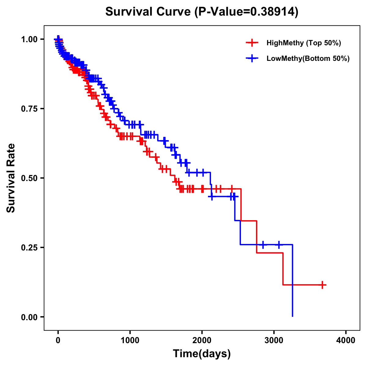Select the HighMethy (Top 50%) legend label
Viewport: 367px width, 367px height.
click(x=303, y=43)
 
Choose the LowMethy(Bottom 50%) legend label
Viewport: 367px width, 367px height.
click(x=308, y=58)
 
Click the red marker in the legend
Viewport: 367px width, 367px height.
click(x=252, y=43)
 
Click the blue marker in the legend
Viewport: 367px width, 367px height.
click(x=252, y=58)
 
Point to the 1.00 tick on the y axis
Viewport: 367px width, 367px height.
click(x=29, y=39)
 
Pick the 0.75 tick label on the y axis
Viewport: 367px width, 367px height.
click(x=29, y=109)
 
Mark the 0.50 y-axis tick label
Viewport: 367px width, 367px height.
click(x=29, y=178)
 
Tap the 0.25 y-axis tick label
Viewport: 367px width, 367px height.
click(x=29, y=247)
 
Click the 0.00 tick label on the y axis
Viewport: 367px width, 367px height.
click(x=29, y=317)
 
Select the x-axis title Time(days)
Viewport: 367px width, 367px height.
click(x=202, y=354)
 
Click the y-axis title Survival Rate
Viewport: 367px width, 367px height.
click(x=11, y=178)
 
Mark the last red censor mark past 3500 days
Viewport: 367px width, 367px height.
click(x=322, y=285)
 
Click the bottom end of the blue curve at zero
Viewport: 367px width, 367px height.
click(x=293, y=316)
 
